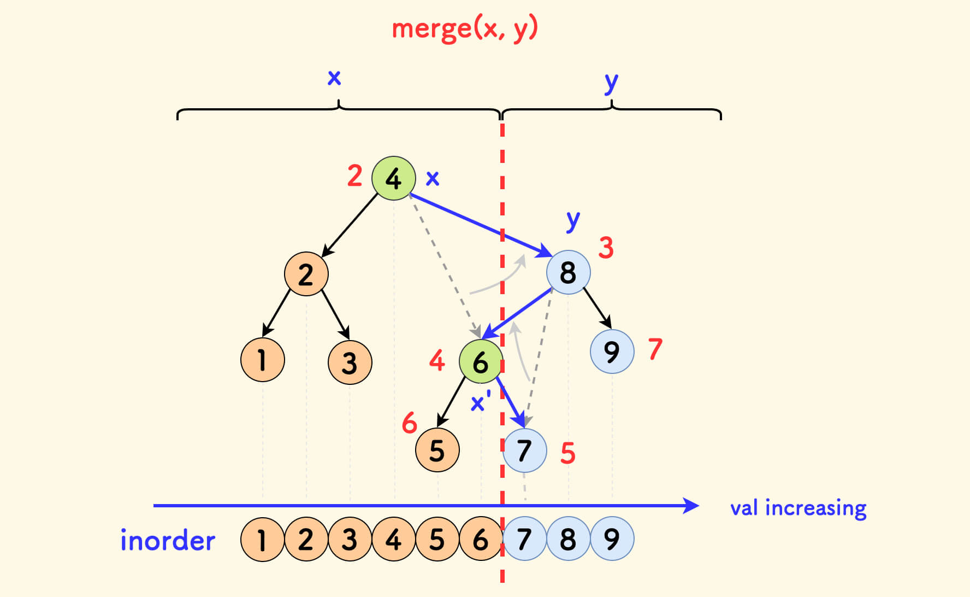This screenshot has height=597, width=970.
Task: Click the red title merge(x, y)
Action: tap(465, 28)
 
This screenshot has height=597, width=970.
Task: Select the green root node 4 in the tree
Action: tap(393, 178)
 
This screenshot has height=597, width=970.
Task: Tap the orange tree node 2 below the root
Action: tap(306, 274)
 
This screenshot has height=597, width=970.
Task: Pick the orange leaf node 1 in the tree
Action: tap(262, 360)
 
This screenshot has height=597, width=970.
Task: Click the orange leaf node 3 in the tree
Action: tap(350, 362)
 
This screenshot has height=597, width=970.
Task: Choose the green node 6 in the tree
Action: tap(480, 362)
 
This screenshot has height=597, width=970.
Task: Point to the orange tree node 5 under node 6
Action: tap(437, 450)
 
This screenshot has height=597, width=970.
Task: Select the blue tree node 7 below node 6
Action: tap(524, 450)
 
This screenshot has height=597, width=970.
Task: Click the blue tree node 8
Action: tap(568, 272)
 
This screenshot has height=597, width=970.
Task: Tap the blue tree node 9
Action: tap(612, 352)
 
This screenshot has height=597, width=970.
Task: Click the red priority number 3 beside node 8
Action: tap(606, 248)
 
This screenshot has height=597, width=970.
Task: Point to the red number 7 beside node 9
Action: tap(655, 349)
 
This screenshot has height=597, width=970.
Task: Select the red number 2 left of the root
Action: tap(354, 176)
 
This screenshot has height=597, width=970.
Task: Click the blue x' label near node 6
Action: tap(480, 403)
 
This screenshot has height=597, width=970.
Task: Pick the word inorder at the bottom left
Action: tap(168, 541)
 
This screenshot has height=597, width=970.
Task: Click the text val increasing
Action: tap(798, 508)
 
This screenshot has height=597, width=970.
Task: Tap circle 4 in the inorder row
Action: tap(393, 540)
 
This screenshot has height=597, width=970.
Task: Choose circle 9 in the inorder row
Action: tap(612, 540)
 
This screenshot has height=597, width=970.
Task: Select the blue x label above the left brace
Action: tap(334, 78)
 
